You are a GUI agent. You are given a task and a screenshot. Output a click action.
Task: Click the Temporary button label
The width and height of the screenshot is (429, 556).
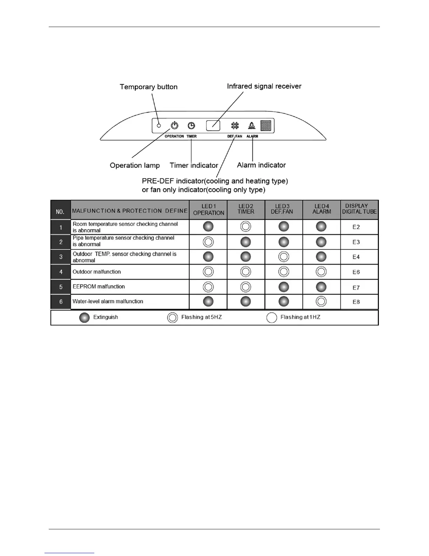point(149,87)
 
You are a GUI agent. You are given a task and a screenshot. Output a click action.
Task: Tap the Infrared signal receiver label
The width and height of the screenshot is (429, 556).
point(264,86)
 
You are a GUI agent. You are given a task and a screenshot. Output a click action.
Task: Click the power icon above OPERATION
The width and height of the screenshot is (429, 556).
point(174,125)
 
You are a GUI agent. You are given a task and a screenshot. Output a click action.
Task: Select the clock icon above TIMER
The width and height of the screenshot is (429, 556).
point(191,125)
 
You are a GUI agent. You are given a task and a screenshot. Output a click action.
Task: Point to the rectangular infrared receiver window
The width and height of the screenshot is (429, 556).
point(213,125)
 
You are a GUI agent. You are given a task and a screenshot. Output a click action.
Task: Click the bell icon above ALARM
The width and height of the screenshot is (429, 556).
point(252,125)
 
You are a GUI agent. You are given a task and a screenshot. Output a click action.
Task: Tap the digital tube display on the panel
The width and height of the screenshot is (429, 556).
point(266,125)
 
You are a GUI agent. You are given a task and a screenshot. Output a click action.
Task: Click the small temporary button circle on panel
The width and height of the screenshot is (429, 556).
point(159,125)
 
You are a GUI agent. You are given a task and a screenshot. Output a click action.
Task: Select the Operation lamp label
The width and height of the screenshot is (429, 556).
point(135,165)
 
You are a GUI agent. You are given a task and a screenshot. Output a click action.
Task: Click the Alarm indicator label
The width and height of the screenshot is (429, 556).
point(261,165)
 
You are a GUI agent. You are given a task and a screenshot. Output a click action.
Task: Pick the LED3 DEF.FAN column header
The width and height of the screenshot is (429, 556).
point(282,209)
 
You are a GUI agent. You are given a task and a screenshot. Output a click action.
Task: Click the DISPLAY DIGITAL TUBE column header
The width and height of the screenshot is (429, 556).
point(359,209)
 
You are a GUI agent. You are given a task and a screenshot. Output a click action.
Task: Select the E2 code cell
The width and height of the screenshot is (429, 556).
point(356,227)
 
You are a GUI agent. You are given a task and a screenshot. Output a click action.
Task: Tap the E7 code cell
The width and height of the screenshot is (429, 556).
point(356,287)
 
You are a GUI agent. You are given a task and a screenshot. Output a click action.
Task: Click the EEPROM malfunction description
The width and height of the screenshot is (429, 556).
point(98,286)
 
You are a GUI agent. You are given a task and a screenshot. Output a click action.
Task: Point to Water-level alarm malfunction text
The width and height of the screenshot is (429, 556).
point(108,301)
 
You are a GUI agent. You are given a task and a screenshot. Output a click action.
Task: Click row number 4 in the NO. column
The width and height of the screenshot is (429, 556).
point(61,272)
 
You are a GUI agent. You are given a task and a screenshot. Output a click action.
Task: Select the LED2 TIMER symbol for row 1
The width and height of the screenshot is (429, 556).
point(246,226)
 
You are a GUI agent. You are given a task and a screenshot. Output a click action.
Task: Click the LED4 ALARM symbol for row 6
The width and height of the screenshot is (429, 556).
point(321,301)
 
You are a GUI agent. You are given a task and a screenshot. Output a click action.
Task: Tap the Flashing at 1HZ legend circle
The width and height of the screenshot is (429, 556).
point(272,317)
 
